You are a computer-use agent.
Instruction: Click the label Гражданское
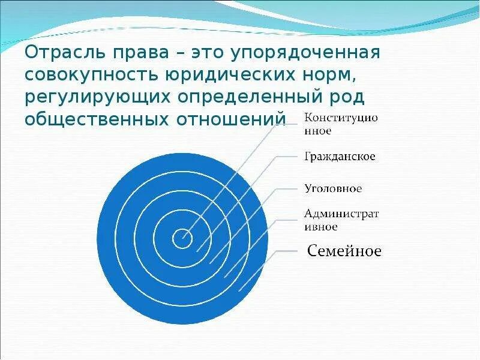(340, 157)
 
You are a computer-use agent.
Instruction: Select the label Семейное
(344, 251)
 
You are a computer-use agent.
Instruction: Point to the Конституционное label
(341, 123)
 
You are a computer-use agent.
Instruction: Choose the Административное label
(341, 220)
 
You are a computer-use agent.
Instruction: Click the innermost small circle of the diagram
(181, 239)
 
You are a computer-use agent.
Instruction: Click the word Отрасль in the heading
(64, 52)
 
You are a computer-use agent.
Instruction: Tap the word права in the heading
(142, 52)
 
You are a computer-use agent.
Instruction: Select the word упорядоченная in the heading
(303, 52)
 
